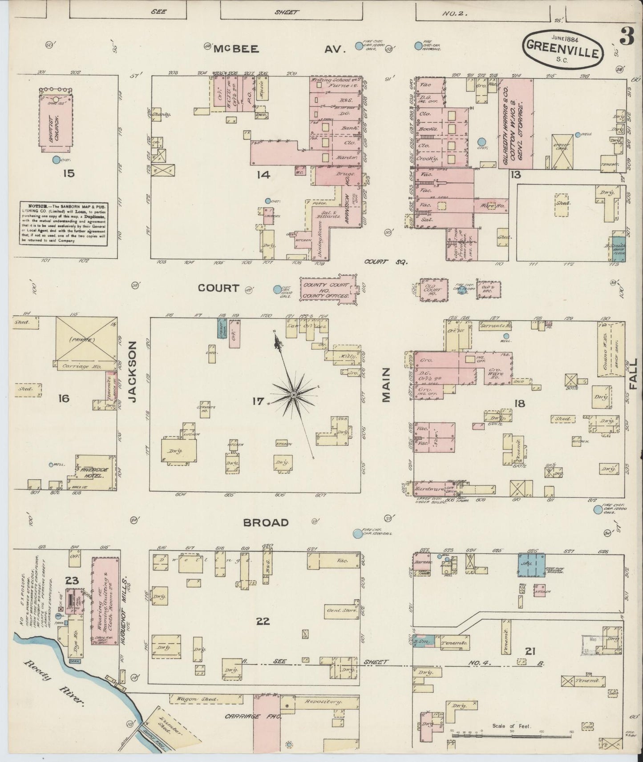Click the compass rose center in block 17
click(294, 395)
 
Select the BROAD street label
click(266, 523)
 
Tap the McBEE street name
click(236, 49)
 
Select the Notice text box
click(63, 222)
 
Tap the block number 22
click(263, 621)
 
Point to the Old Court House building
click(433, 290)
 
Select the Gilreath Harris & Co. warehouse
click(516, 123)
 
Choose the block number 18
click(519, 404)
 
